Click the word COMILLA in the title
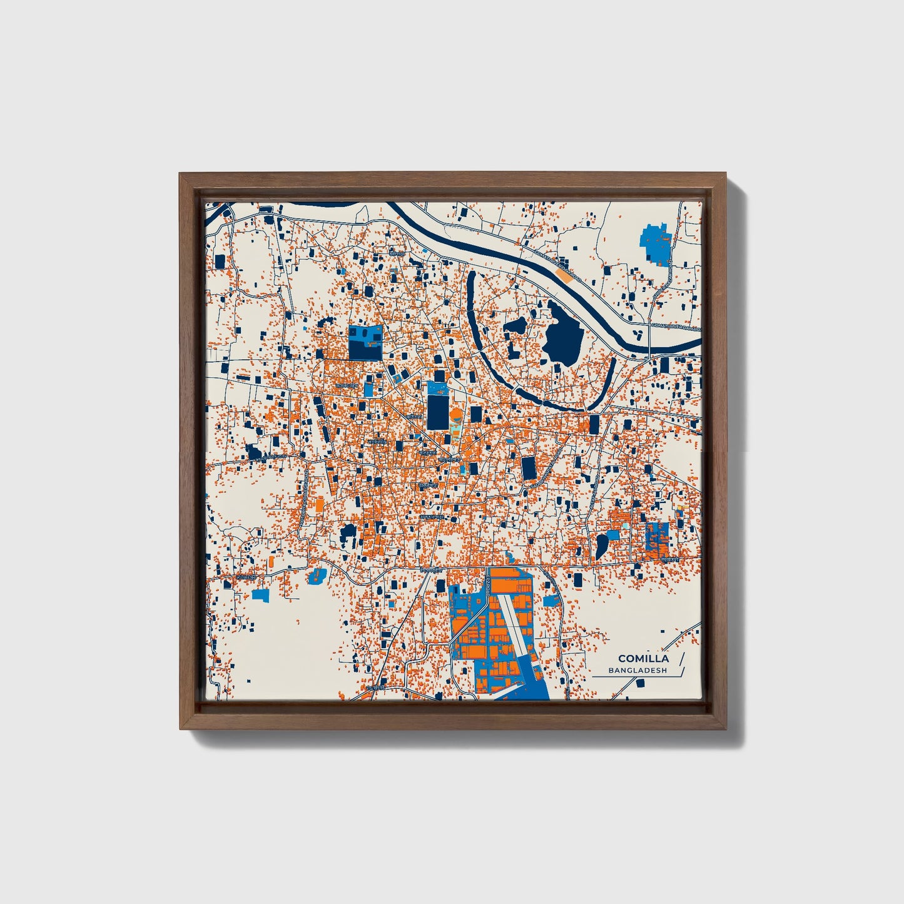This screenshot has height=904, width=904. pyautogui.click(x=643, y=658)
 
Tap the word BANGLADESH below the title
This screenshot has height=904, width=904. pyautogui.click(x=637, y=671)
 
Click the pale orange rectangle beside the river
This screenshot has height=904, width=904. pyautogui.click(x=564, y=274)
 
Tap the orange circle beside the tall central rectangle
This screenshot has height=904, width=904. pyautogui.click(x=455, y=415)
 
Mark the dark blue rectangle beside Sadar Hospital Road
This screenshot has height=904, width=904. pyautogui.click(x=529, y=468)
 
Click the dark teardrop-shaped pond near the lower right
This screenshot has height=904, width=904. pyautogui.click(x=601, y=546)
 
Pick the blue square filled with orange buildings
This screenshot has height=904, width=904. pyautogui.click(x=658, y=537)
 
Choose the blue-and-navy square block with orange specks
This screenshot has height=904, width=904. pyautogui.click(x=365, y=342)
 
